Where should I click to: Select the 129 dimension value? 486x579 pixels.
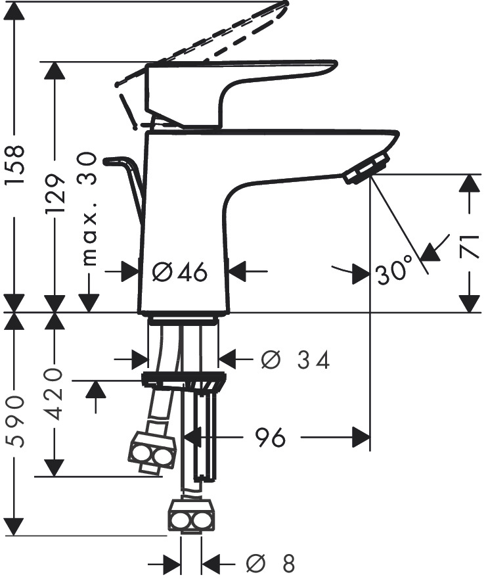55,195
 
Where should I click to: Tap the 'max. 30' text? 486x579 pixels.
89,209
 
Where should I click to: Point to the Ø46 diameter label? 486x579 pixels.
179,271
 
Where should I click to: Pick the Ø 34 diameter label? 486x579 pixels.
295,359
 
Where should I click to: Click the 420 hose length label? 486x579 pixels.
55,394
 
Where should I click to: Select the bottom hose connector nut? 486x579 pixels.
192,515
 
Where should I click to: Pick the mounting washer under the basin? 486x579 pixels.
184,379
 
